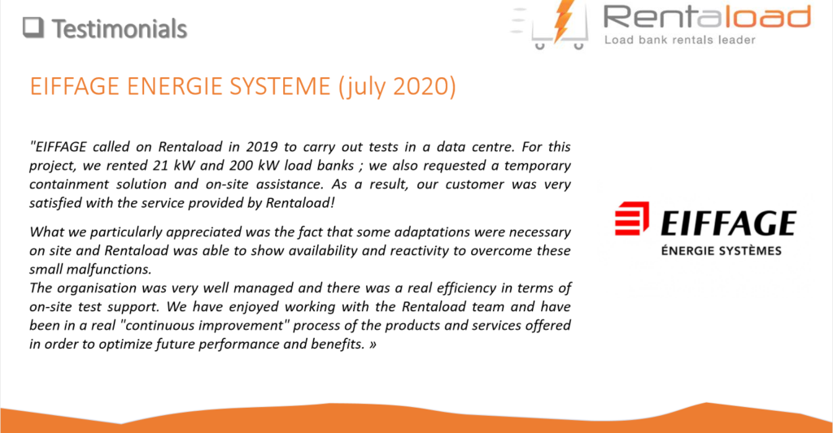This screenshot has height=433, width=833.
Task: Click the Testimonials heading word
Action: click(120, 28)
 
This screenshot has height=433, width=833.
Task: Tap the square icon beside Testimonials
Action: click(33, 28)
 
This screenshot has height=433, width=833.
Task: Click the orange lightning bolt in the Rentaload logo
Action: click(563, 20)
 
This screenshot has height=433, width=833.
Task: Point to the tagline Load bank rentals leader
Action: click(679, 40)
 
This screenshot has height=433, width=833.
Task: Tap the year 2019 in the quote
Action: click(261, 146)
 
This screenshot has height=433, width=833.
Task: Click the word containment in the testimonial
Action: click(69, 184)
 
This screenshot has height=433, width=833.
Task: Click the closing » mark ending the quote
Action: click(373, 344)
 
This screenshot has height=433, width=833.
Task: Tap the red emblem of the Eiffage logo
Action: click(631, 218)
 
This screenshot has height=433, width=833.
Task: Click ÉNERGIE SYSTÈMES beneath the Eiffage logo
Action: click(721, 250)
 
